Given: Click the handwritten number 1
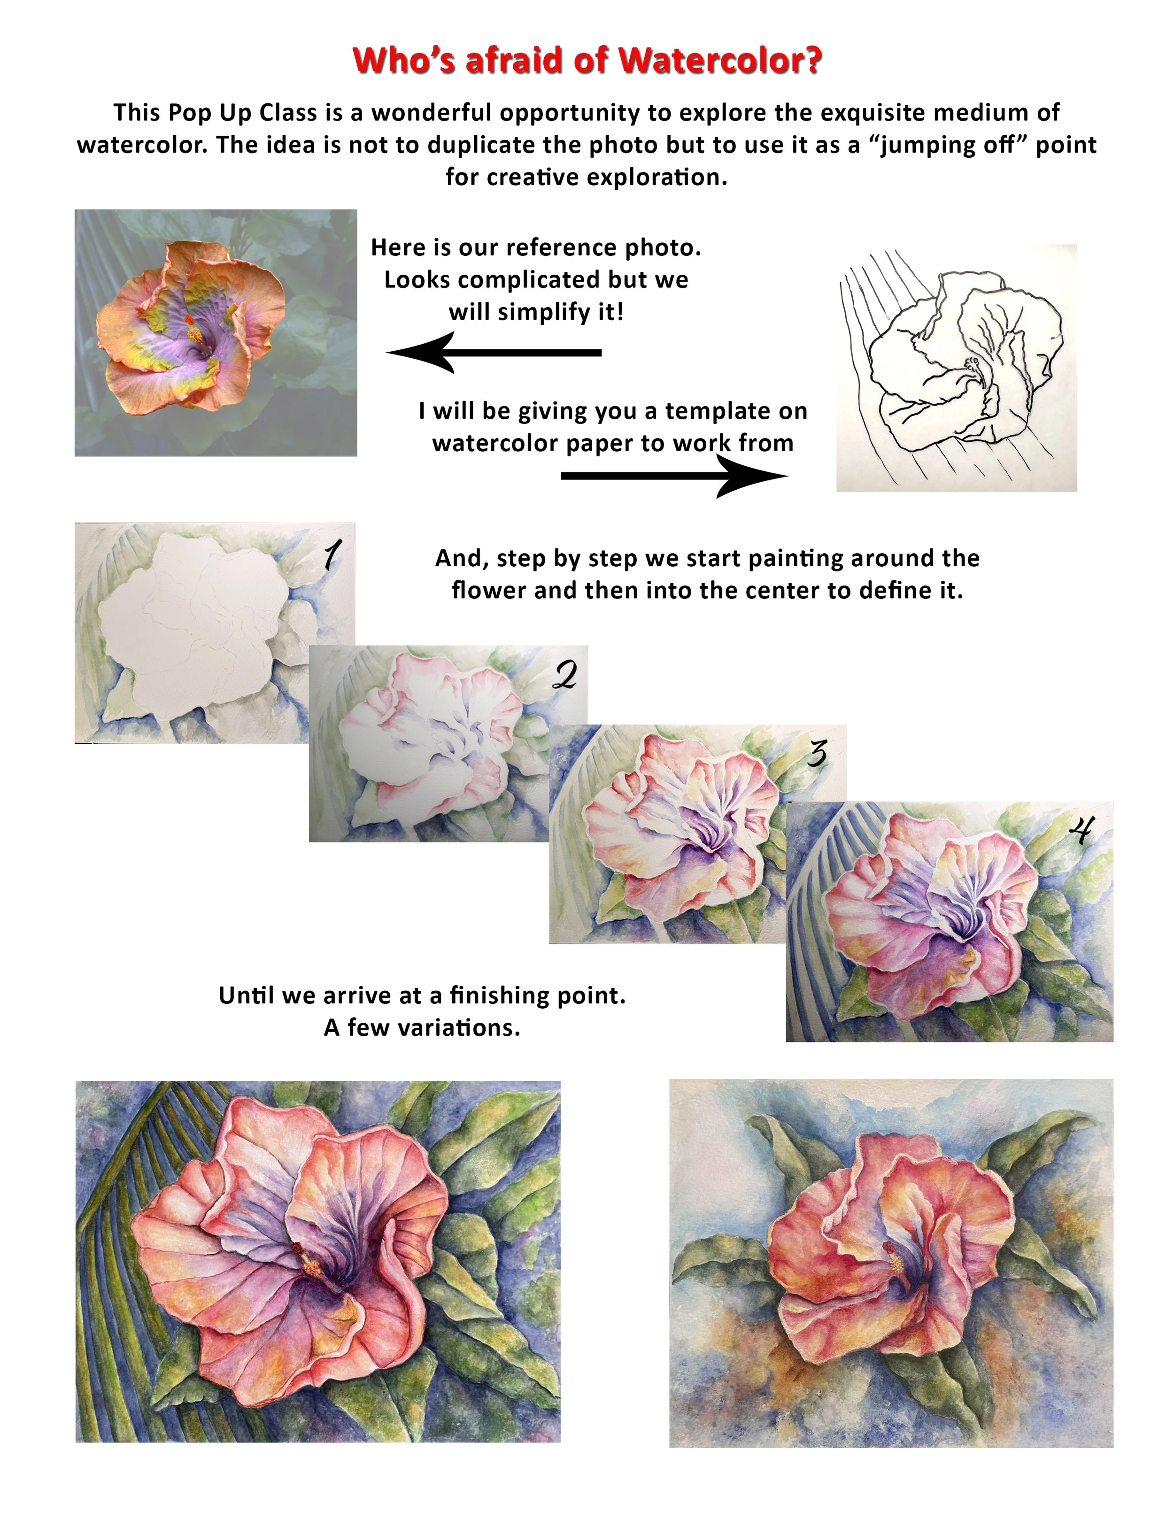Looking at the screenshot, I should [332, 555].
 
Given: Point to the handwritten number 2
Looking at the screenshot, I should [565, 675].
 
